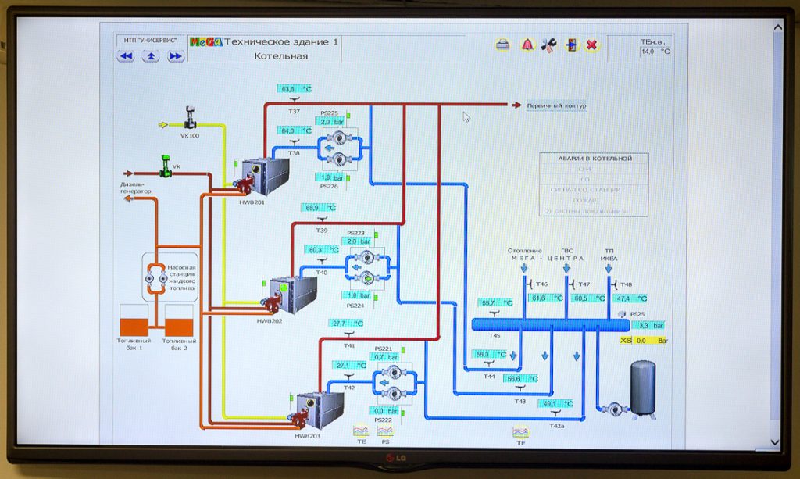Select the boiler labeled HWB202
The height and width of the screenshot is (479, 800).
point(292,295)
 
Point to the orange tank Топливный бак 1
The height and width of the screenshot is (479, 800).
point(134,321)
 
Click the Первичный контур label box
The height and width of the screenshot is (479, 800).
point(555,105)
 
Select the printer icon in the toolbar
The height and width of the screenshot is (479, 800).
point(503,45)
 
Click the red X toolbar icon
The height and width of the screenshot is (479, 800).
point(591,45)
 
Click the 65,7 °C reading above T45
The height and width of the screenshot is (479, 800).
point(495,302)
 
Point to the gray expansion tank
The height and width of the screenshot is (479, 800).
point(643,388)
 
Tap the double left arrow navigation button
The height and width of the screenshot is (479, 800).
point(126,56)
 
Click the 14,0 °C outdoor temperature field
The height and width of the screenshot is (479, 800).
point(655,52)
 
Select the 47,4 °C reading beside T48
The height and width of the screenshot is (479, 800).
point(630,298)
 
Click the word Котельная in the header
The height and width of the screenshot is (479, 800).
point(280,56)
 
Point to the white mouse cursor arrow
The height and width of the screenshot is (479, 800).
point(466,116)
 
